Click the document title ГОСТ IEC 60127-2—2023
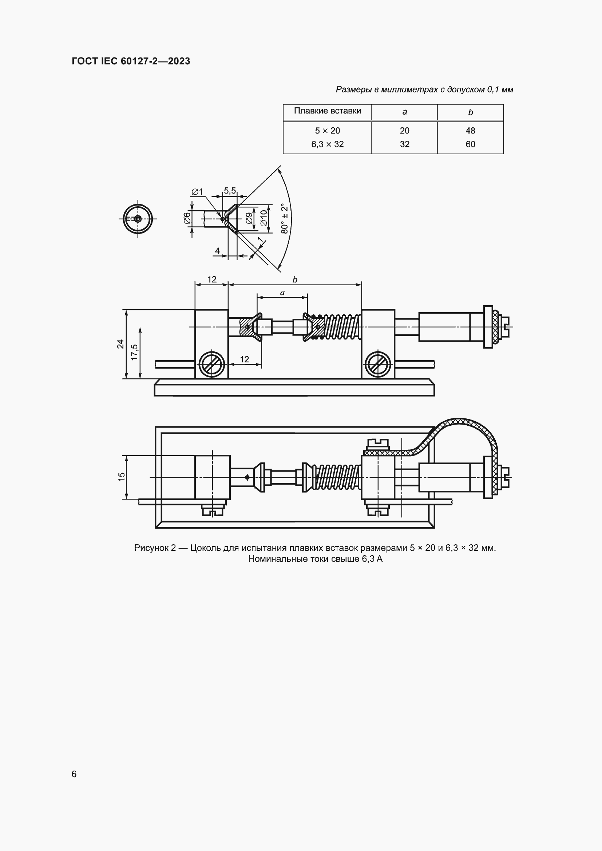(x=131, y=61)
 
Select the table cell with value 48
(x=470, y=131)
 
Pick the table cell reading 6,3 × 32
(x=327, y=144)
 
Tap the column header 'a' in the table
(x=404, y=112)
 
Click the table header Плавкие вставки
(x=327, y=111)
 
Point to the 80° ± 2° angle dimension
(x=285, y=218)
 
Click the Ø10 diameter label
(x=264, y=218)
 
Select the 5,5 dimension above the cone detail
(x=230, y=191)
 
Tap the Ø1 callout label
(x=197, y=192)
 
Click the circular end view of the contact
(x=138, y=219)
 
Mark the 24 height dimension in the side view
(x=120, y=343)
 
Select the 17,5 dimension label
(x=134, y=352)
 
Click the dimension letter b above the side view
(x=295, y=280)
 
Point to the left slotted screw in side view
(x=212, y=364)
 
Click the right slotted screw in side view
(x=377, y=364)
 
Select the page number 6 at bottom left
(x=74, y=774)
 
